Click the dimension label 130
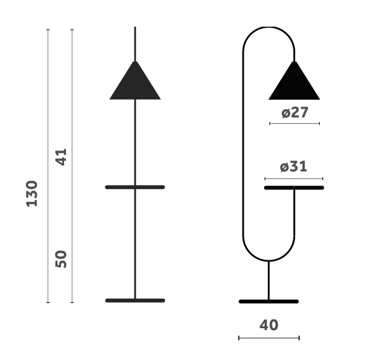coord(32,194)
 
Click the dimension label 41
coord(62,157)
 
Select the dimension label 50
coord(62,258)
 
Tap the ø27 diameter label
coord(295,112)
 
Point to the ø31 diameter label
coord(293,166)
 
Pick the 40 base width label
coord(269,324)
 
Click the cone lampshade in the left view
coord(135,84)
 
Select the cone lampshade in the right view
coord(294,84)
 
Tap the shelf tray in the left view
coord(135,187)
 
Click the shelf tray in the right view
coord(294,188)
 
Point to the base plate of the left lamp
coord(135,300)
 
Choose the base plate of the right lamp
coord(269,301)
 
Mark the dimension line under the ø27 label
coord(295,123)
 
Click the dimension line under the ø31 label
coord(293,178)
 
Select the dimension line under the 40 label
coord(269,338)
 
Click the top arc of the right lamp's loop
coord(269,28)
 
